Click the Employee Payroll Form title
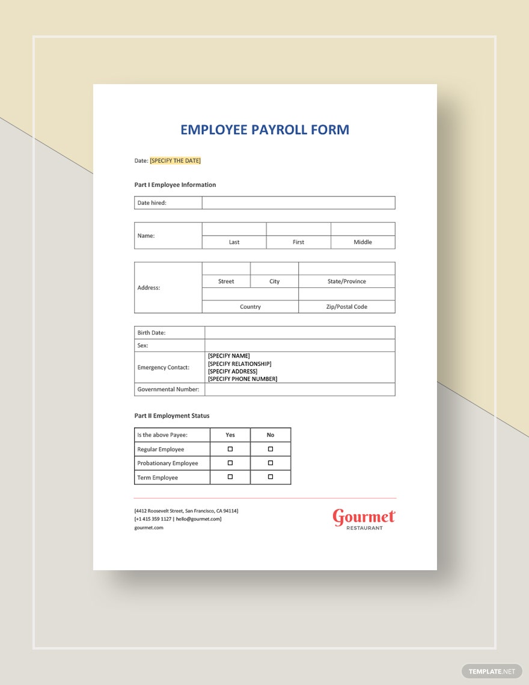tap(264, 130)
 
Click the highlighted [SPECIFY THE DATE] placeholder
tap(175, 160)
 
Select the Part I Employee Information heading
tap(175, 185)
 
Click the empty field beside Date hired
tap(298, 203)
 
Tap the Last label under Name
tap(234, 242)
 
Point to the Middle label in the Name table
tap(362, 242)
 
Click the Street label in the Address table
tap(226, 281)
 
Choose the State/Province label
tap(346, 281)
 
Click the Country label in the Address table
tap(250, 307)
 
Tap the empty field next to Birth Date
tap(299, 333)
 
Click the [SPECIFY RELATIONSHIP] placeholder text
tap(239, 364)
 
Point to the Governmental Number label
tap(168, 389)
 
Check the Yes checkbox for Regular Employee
tap(230, 449)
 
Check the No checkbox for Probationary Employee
tap(271, 463)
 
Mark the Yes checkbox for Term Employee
tap(230, 477)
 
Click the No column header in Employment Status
tap(271, 434)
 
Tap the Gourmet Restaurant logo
tap(364, 519)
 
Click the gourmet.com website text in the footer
tap(148, 528)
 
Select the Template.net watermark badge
tap(492, 671)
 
